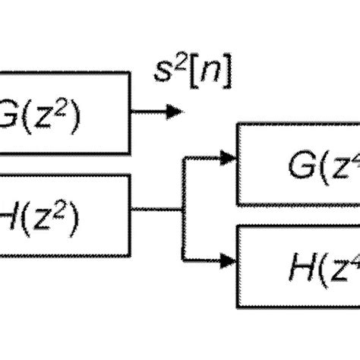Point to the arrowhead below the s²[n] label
[x=176, y=112]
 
